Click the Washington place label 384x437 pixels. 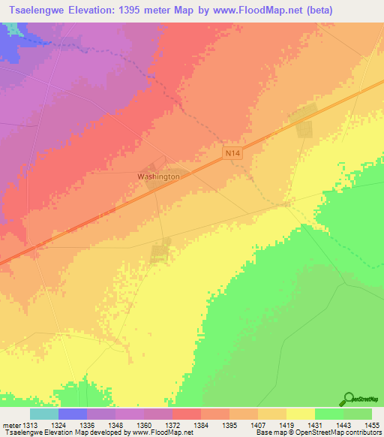(158, 176)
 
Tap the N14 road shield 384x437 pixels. (232, 152)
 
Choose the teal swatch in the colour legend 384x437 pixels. (44, 414)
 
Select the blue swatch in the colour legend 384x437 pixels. (73, 414)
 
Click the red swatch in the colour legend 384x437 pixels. (187, 414)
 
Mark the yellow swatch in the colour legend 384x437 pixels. (301, 414)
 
